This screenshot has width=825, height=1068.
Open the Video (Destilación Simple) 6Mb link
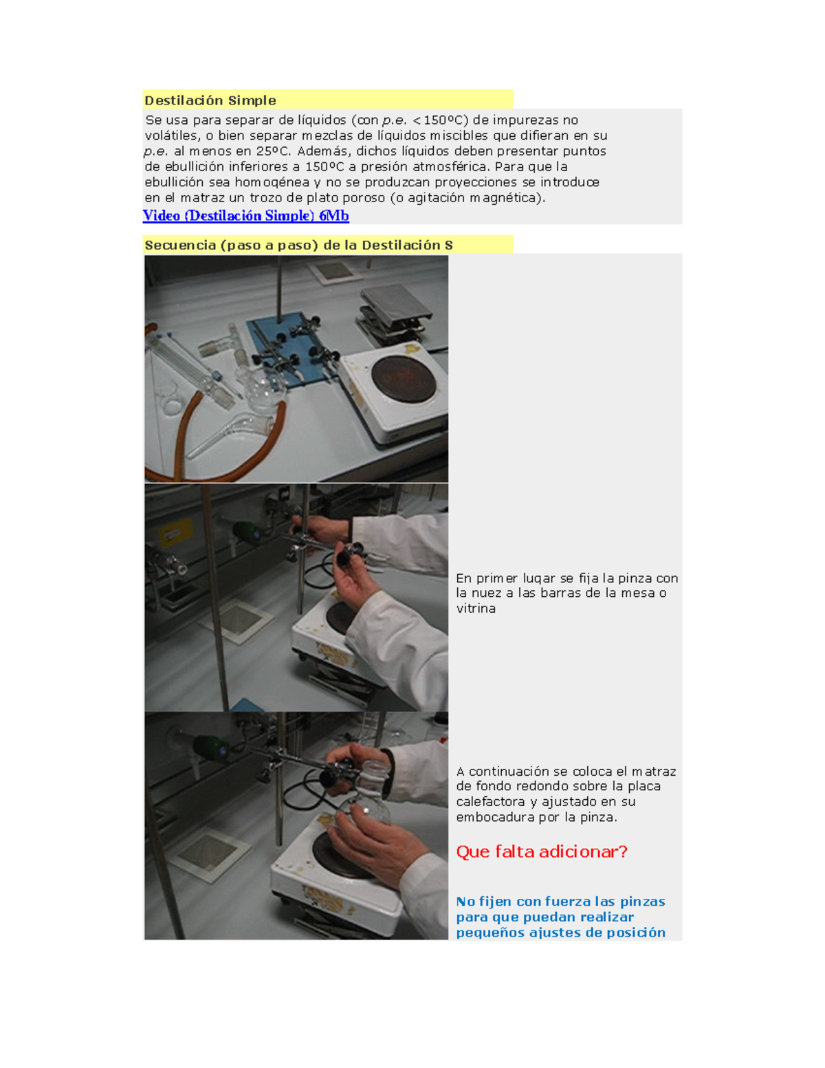pyautogui.click(x=245, y=216)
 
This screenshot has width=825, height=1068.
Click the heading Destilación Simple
pyautogui.click(x=210, y=101)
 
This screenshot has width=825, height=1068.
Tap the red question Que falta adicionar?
pyautogui.click(x=542, y=852)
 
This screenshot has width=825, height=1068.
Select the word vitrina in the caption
pyautogui.click(x=476, y=609)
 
